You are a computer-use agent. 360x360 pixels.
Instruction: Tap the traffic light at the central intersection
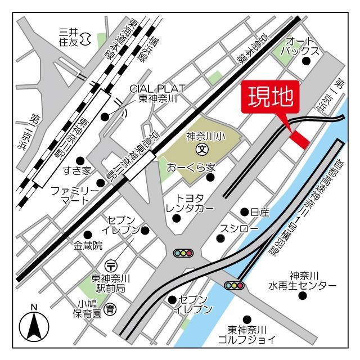tap(183, 254)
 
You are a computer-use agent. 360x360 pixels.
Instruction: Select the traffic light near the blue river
tap(234, 285)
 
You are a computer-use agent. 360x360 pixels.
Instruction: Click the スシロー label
tap(239, 229)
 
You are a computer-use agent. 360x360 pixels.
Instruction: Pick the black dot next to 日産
tap(244, 212)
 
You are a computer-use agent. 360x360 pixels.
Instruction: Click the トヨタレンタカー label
tap(190, 204)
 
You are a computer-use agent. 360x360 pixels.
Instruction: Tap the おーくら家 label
tap(191, 168)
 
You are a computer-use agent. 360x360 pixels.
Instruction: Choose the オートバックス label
tap(303, 46)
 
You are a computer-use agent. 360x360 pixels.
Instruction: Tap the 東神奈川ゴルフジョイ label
tap(251, 334)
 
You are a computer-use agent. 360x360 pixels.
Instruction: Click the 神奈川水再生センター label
tap(304, 280)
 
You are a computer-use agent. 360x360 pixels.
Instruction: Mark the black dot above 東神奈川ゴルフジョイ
tap(246, 319)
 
